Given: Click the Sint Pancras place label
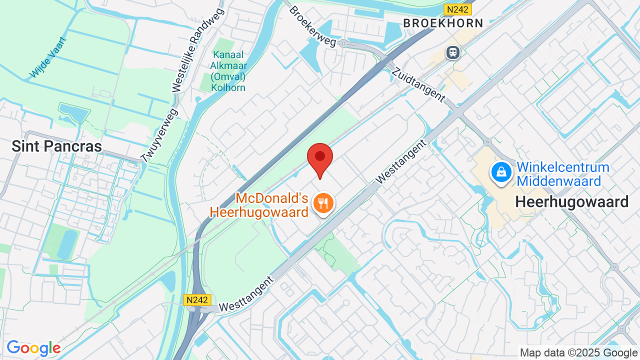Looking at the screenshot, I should coord(56,146).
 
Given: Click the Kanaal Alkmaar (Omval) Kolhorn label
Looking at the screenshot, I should coord(228,71).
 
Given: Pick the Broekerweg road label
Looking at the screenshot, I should coord(312,26).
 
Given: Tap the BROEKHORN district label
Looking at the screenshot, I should coord(443,23).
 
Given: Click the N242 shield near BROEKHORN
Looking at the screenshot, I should coord(457,9).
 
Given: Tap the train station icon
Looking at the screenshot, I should coord(453,52).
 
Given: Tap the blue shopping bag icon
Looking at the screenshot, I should coord(501,172).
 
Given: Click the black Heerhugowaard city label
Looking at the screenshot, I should coord(571,202).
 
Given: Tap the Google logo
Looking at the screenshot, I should coord(33,348).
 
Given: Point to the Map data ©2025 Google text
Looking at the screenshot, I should coord(578,353).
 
